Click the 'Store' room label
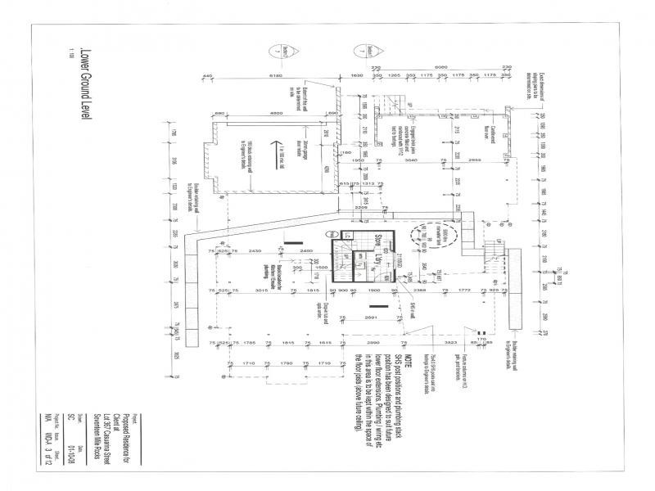point(379,244)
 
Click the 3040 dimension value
point(413,161)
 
